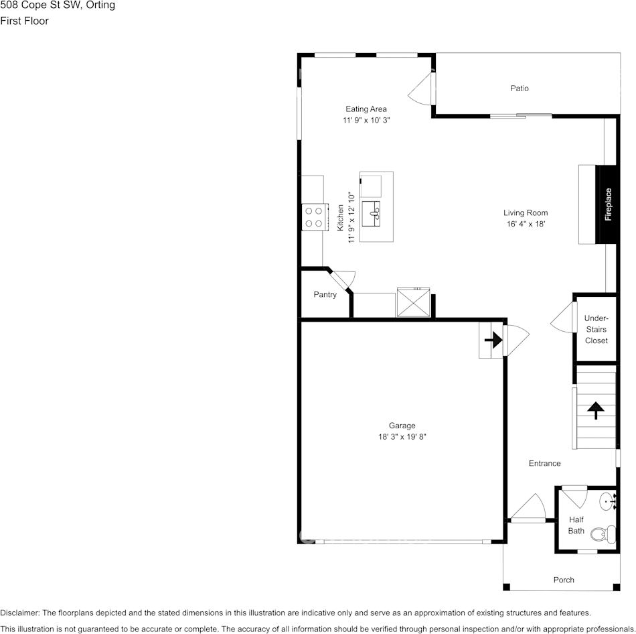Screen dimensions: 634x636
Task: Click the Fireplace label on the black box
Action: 609,204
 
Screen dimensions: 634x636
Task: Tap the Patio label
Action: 520,88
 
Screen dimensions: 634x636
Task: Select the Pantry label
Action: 325,294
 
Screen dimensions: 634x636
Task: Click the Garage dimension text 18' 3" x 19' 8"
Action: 402,436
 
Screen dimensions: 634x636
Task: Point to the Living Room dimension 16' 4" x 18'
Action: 526,225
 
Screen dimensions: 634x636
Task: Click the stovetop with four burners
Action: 314,216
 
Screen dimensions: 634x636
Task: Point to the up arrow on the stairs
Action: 595,410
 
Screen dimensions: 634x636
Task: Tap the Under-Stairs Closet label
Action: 597,329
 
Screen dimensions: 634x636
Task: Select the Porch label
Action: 564,580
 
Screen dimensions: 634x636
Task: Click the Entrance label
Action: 544,463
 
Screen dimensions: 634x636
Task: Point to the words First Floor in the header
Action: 24,21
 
